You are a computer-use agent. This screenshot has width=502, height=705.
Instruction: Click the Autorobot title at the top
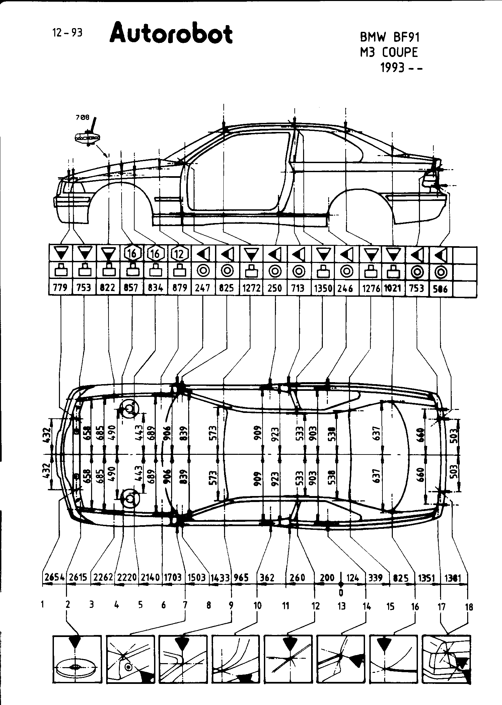[x=171, y=33]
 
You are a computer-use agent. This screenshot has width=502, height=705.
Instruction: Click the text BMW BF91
[x=389, y=37]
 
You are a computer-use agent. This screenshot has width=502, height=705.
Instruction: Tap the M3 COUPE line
[x=389, y=52]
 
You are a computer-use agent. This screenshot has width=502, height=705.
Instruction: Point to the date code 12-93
[x=67, y=33]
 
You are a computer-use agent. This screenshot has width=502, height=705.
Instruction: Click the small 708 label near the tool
[x=83, y=117]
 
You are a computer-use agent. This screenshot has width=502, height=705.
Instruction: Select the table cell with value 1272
[x=251, y=288]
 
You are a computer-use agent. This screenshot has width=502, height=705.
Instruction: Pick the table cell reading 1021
[x=393, y=288]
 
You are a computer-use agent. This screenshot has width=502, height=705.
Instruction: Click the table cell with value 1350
[x=323, y=288]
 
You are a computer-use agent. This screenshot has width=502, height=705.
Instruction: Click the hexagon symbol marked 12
[x=180, y=254]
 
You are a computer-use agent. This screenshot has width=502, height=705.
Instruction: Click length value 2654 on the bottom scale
[x=55, y=578]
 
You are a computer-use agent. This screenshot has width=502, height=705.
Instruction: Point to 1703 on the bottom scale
[x=173, y=578]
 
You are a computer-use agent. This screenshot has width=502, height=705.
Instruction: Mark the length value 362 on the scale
[x=267, y=578]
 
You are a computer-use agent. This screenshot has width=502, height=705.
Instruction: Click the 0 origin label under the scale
[x=341, y=593]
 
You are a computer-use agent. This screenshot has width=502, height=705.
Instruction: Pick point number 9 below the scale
[x=231, y=605]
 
